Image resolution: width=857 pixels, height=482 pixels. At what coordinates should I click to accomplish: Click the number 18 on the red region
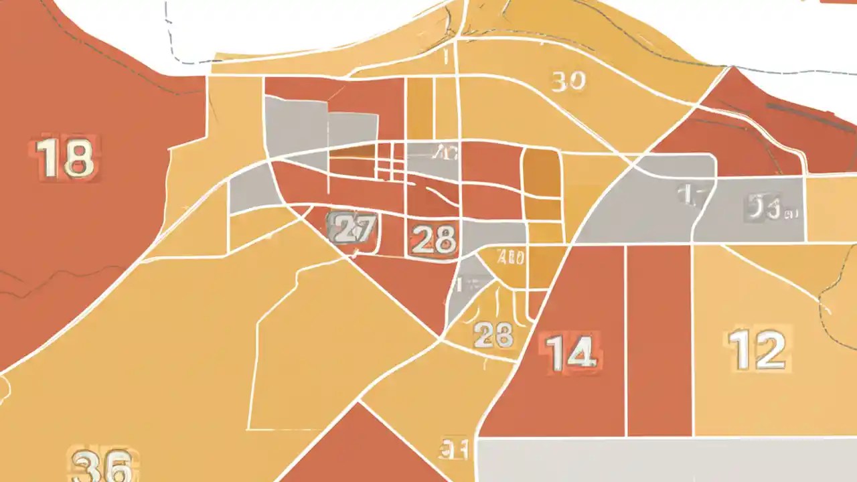pos(65,158)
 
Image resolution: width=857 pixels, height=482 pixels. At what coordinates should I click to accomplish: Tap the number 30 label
pos(568,82)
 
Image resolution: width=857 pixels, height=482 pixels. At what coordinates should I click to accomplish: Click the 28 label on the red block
pos(434,239)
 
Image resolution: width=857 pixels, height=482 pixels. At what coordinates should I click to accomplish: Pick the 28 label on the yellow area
pos(493,334)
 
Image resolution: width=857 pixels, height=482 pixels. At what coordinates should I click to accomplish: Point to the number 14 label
pos(570,352)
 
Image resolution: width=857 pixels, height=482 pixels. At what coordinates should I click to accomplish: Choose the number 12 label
pos(757,349)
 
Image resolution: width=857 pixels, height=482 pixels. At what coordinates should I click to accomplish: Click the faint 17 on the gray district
pos(688,195)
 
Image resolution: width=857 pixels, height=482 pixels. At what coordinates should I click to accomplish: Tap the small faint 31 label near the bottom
pos(454,449)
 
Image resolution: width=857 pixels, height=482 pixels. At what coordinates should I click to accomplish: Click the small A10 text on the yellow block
pos(512,256)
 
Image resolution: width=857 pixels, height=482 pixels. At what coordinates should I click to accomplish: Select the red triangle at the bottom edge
pos(358,449)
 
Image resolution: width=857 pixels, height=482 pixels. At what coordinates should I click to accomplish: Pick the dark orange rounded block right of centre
pos(541,173)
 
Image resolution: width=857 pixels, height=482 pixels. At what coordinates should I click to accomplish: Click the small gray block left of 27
pos(249,189)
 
